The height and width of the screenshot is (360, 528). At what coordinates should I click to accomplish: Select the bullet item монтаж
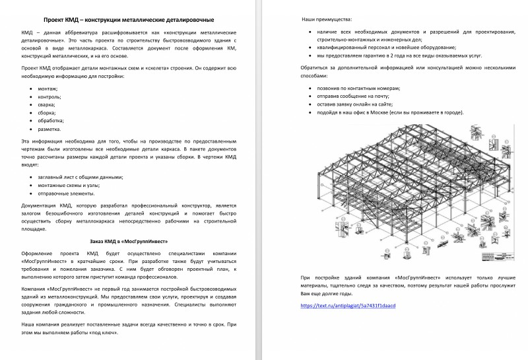(x=48, y=89)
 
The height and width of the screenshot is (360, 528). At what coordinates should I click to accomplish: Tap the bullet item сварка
(x=47, y=104)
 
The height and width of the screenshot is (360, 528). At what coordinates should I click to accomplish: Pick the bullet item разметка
(x=49, y=129)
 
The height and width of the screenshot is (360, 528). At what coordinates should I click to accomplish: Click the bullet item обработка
(x=51, y=121)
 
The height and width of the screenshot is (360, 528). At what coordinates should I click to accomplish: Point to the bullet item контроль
(x=49, y=96)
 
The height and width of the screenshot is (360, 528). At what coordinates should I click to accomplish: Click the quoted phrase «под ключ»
(x=105, y=333)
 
